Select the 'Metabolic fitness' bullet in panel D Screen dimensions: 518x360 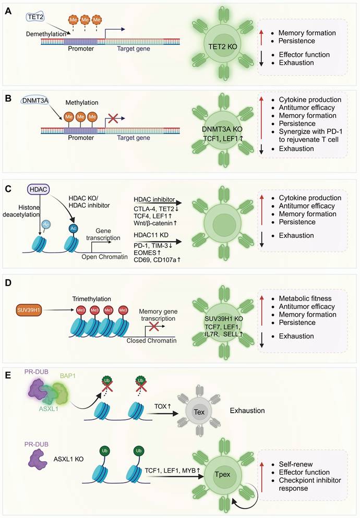[x=302, y=298]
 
